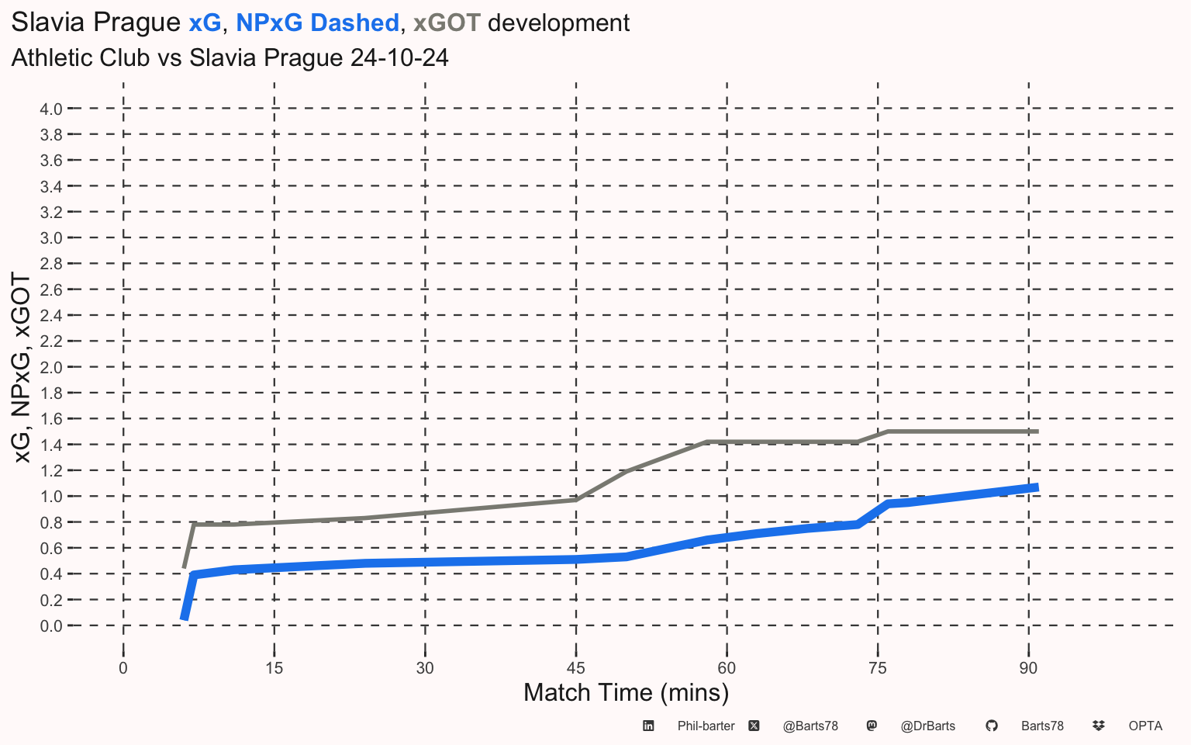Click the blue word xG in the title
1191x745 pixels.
(x=205, y=23)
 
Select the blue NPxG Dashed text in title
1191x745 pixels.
(x=317, y=23)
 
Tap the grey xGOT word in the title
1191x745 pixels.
(x=447, y=23)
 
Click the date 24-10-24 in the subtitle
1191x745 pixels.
(x=399, y=57)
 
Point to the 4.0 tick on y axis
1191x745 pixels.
(x=51, y=109)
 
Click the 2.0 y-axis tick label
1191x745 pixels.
(x=51, y=367)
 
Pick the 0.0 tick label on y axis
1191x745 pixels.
(x=51, y=625)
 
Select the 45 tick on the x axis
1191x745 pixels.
(x=576, y=668)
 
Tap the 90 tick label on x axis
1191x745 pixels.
(x=1028, y=668)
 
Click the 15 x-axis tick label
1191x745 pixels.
(x=274, y=668)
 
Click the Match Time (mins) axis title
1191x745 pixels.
(x=626, y=693)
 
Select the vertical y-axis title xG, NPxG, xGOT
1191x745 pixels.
(x=21, y=368)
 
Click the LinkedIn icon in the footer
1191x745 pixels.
(x=648, y=726)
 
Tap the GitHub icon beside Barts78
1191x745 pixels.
(x=992, y=726)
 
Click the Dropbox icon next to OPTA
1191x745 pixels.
(x=1099, y=726)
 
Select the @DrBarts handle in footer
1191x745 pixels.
(x=928, y=726)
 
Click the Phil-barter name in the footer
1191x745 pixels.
(x=706, y=726)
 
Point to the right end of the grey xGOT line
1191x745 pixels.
(x=1038, y=431)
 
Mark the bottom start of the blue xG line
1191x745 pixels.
(x=184, y=619)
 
